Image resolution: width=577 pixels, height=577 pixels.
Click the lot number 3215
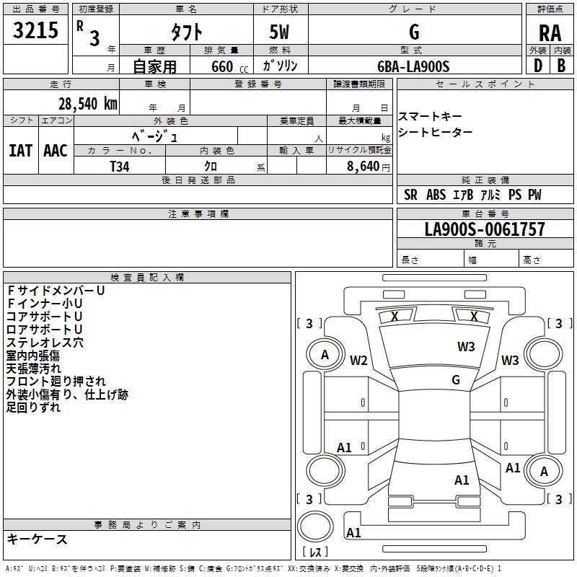[36, 30]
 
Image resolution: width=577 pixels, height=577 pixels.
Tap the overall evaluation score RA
[549, 32]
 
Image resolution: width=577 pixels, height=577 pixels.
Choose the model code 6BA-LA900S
[413, 66]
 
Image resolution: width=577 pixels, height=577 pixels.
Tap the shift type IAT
[20, 151]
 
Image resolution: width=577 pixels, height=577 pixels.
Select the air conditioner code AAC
[55, 151]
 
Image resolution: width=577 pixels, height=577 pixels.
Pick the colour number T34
[120, 166]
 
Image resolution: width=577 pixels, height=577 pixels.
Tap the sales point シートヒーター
[436, 132]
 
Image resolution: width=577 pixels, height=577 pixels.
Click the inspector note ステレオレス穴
[45, 343]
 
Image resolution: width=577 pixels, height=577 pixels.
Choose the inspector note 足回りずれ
[33, 408]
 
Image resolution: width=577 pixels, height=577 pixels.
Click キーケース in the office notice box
[37, 539]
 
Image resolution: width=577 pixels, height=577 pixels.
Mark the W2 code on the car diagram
[359, 361]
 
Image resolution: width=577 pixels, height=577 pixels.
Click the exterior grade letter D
[537, 66]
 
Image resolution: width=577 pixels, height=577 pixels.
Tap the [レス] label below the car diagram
[315, 553]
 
